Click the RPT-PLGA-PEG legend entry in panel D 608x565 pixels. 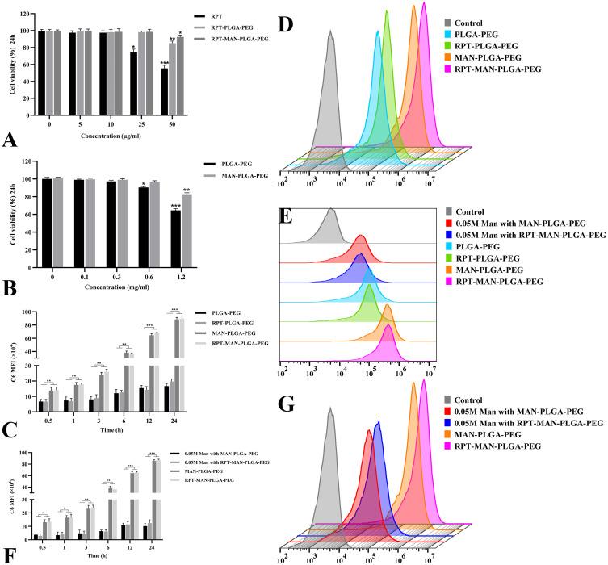pos(480,47)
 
